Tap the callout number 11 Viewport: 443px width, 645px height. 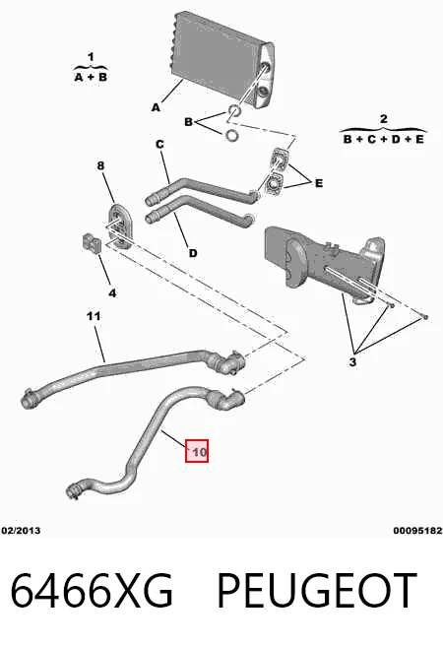(94, 316)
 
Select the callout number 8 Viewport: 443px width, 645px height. (100, 165)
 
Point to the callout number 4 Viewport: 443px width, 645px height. (112, 293)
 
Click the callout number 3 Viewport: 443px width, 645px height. (352, 362)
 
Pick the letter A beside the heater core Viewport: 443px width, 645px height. (156, 107)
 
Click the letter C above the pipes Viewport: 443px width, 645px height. (159, 145)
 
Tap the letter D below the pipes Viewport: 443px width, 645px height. (193, 253)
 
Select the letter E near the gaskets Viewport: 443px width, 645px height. (319, 183)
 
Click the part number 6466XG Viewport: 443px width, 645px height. (92, 591)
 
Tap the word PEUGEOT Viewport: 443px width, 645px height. (317, 591)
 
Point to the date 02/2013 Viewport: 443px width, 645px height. (21, 530)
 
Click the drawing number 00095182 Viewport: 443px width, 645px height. (417, 530)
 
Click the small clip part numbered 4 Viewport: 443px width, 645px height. (92, 243)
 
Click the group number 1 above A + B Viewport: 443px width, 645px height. (91, 56)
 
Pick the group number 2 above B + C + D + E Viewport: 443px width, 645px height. (383, 119)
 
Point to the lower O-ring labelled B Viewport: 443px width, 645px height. (232, 135)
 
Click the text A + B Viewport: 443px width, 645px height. (91, 77)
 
